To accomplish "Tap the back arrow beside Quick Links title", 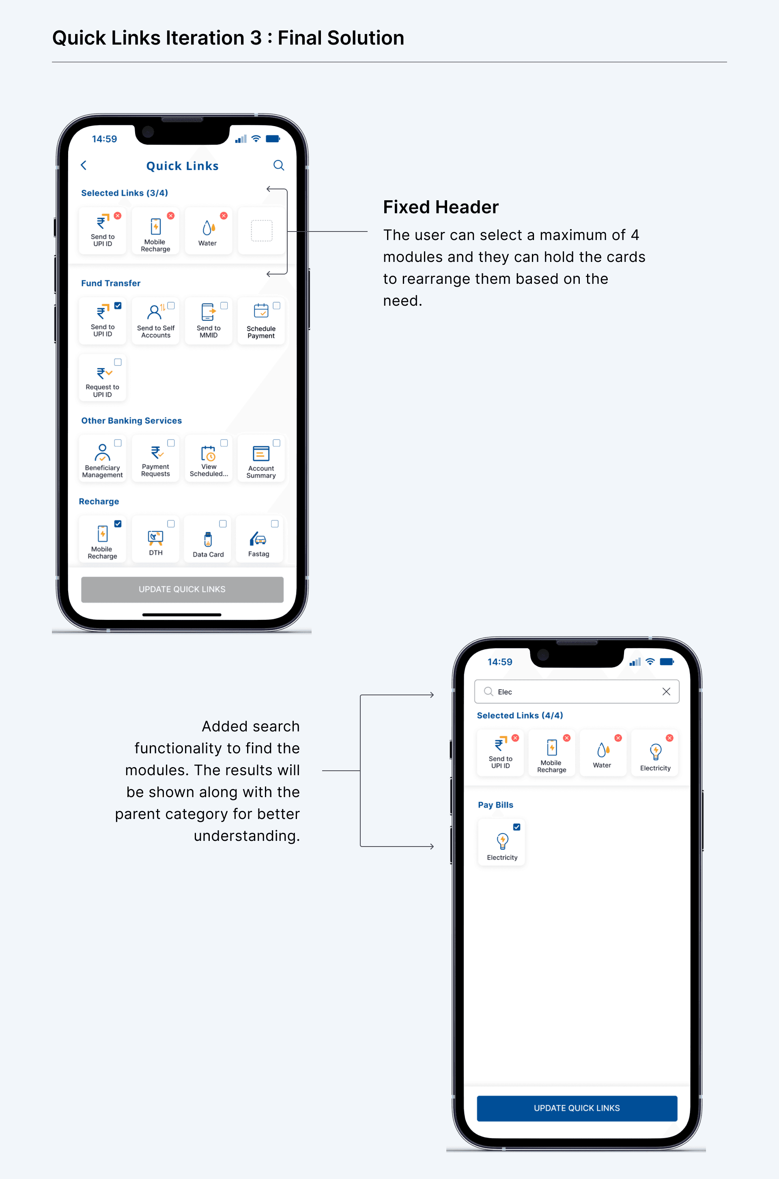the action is click(84, 165).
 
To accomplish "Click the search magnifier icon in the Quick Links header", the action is click(279, 165).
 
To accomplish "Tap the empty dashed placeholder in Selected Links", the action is click(262, 231).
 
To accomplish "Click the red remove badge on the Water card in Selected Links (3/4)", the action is click(224, 215).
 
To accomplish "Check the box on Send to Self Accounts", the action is click(171, 306).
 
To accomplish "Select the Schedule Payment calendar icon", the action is click(261, 311).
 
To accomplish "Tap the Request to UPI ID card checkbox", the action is click(118, 362).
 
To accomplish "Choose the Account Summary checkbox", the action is click(276, 443).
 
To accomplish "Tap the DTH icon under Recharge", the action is click(155, 538).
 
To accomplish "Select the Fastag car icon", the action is click(258, 538).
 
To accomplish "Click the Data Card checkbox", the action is click(223, 524).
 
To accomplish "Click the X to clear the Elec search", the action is click(666, 692).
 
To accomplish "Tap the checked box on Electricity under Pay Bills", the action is click(516, 827).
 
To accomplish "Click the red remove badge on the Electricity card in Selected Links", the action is click(670, 738).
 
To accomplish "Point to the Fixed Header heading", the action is click(441, 207).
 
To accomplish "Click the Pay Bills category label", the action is click(495, 805).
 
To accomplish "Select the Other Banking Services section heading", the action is click(131, 420).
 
